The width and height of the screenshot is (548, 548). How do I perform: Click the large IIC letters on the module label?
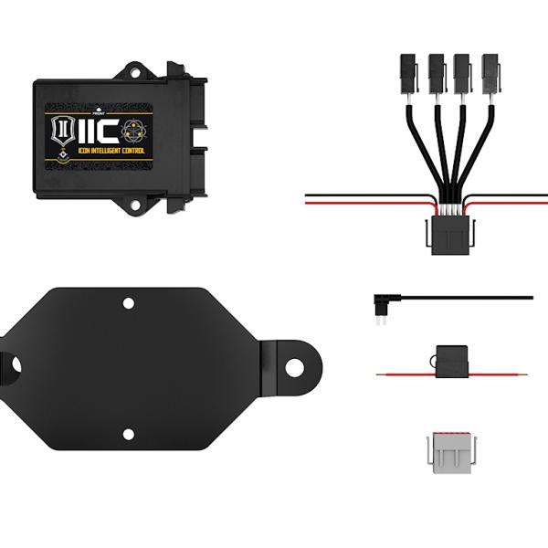click(94, 134)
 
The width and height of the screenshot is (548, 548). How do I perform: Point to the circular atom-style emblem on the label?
click(134, 132)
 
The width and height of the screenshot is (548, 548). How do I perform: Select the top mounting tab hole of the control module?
click(134, 68)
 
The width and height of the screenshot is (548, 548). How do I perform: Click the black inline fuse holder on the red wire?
click(451, 360)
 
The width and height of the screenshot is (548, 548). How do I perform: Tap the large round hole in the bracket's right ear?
click(294, 367)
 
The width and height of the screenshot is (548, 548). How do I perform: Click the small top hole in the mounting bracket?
click(129, 301)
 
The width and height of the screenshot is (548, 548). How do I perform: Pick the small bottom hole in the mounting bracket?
click(129, 434)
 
